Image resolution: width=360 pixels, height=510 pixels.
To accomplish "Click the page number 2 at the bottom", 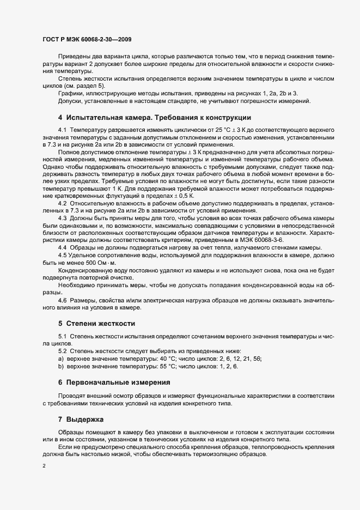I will click(x=44, y=466).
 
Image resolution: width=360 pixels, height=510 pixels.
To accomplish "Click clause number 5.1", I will click(x=62, y=336).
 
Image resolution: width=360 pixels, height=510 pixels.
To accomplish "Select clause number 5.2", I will click(x=62, y=351).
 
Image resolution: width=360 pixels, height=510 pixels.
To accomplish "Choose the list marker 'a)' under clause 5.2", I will click(x=60, y=359).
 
